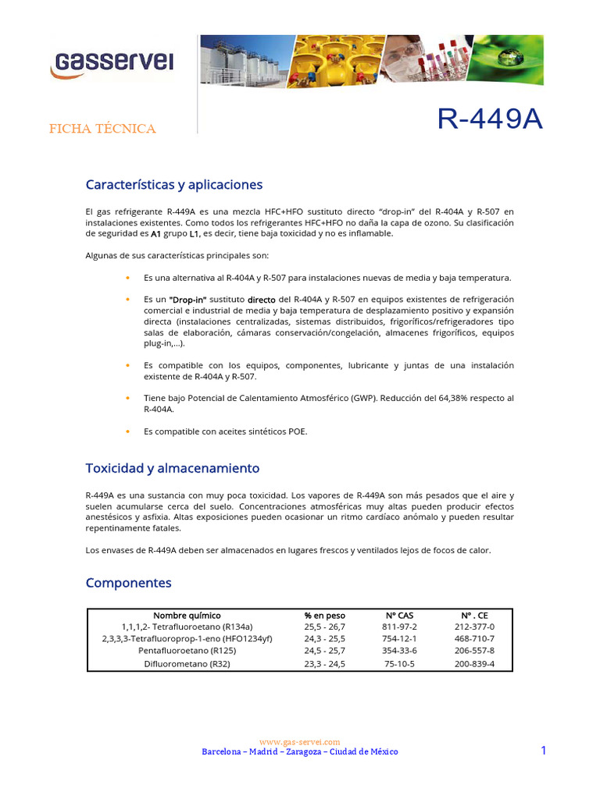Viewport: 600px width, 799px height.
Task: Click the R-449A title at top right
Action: tap(489, 119)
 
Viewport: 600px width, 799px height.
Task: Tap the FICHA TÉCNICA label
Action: tap(102, 129)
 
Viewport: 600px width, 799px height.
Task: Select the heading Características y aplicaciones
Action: tap(173, 185)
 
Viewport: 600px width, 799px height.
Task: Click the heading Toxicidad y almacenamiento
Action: tap(172, 468)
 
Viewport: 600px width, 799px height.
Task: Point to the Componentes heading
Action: tap(128, 583)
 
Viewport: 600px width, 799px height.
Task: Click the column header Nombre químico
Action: tap(187, 615)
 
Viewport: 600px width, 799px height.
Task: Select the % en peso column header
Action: tap(324, 615)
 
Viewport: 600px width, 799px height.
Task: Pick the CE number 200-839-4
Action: tap(474, 664)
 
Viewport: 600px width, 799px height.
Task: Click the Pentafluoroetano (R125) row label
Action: tap(187, 650)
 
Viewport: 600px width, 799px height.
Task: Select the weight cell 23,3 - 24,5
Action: tap(324, 664)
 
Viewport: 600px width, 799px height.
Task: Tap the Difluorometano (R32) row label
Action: tap(187, 664)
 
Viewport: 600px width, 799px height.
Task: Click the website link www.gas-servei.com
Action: tap(299, 741)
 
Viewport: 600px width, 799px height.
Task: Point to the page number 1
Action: tap(543, 750)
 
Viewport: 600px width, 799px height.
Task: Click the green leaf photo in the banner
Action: tap(510, 59)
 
